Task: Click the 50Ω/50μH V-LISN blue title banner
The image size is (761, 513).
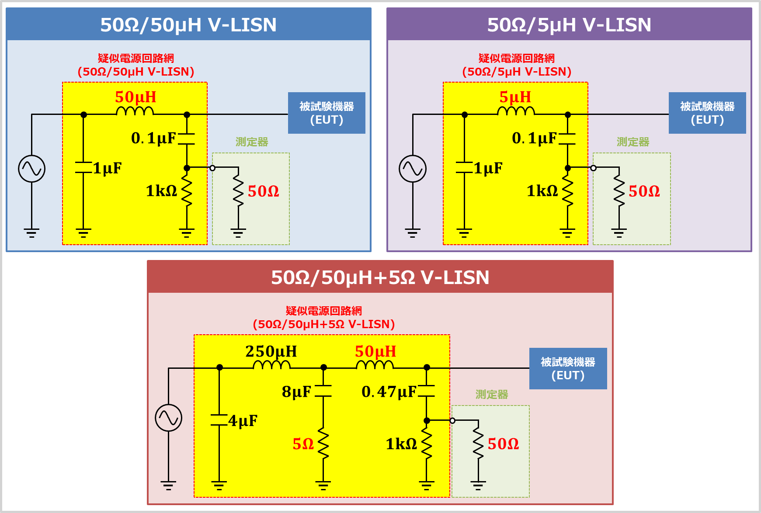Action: (x=188, y=24)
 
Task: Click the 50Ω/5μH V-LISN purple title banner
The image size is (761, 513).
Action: (x=569, y=24)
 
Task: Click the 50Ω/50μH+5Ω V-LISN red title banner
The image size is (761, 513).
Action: (x=380, y=277)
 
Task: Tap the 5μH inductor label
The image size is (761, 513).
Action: (x=515, y=97)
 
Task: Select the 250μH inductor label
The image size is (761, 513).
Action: (x=271, y=351)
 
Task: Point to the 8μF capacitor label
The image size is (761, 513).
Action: (x=296, y=392)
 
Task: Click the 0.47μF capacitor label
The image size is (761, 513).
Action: (x=389, y=392)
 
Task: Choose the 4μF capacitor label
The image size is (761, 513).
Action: (x=243, y=421)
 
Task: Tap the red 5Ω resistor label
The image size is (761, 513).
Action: (x=303, y=444)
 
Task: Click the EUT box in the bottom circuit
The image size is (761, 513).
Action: (x=568, y=368)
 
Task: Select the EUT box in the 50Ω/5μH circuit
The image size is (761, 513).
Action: (x=707, y=113)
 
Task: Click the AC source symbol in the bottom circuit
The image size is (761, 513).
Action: (x=168, y=418)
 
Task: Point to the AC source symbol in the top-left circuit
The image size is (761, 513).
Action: (x=31, y=169)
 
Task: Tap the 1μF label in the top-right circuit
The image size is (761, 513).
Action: (x=488, y=168)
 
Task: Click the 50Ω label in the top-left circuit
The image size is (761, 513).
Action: (x=263, y=191)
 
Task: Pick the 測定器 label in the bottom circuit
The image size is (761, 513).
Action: (x=491, y=395)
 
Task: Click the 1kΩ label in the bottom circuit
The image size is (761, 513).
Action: (x=401, y=444)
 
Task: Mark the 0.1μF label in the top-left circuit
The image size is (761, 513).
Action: (x=153, y=138)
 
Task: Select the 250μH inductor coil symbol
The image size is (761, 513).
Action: (x=271, y=365)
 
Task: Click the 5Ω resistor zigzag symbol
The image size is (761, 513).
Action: (x=323, y=444)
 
